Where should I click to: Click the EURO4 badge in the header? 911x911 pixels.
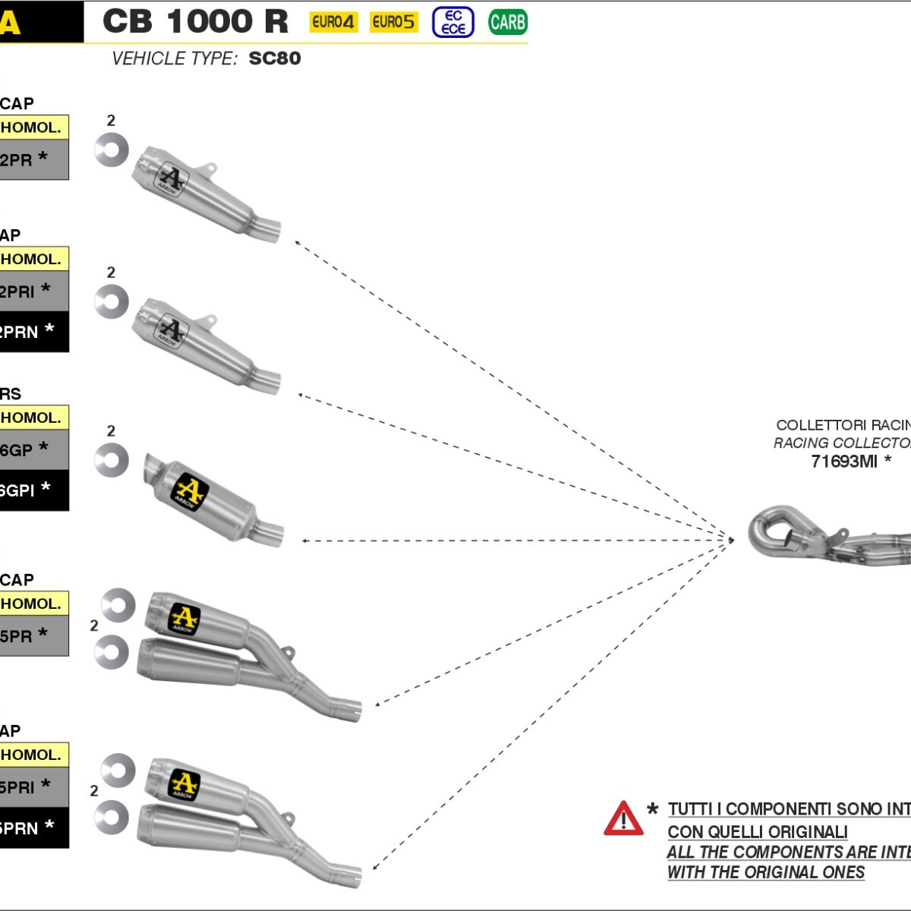(x=333, y=22)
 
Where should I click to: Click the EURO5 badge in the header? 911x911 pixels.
(x=393, y=22)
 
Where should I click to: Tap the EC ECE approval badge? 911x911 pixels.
(x=453, y=22)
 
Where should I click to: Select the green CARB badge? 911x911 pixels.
(x=507, y=22)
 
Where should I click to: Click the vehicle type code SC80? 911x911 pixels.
(x=275, y=58)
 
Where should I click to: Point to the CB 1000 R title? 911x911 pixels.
(x=195, y=22)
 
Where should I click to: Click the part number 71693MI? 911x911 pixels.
(x=844, y=462)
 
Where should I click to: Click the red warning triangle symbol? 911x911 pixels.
(x=623, y=819)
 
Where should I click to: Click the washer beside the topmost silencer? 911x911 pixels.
(x=111, y=150)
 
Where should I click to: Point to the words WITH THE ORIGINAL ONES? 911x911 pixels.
(x=765, y=873)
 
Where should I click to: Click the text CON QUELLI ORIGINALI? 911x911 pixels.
(x=757, y=832)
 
